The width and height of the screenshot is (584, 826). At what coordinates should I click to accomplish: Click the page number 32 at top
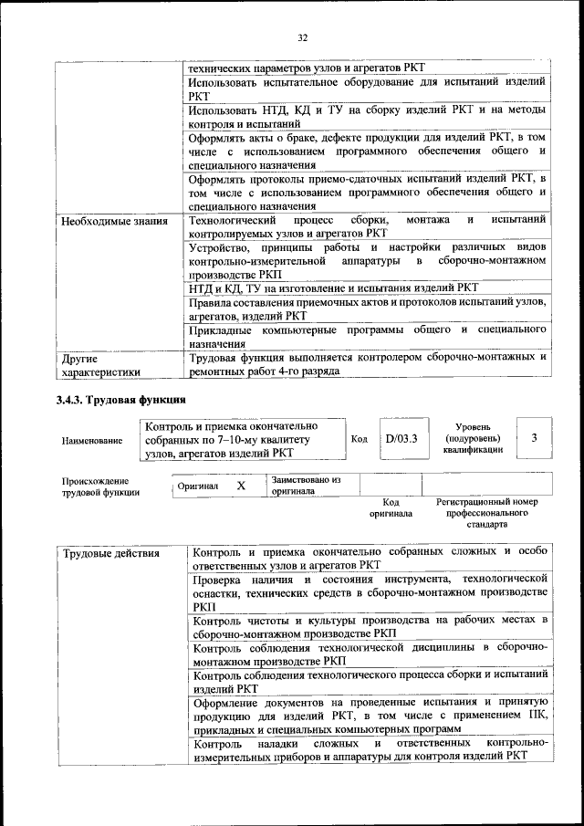click(x=302, y=37)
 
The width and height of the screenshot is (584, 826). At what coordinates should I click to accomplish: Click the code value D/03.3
click(x=401, y=438)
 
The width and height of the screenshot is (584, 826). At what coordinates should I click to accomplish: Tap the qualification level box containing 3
click(x=534, y=438)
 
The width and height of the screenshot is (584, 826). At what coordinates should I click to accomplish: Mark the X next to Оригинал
click(x=241, y=486)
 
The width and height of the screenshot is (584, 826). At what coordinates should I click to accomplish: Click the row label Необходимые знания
click(x=114, y=221)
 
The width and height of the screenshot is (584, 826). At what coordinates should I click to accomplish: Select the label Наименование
click(x=92, y=440)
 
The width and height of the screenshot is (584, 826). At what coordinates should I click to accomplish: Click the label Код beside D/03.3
click(x=360, y=439)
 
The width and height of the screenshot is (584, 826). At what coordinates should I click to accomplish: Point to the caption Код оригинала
click(x=391, y=508)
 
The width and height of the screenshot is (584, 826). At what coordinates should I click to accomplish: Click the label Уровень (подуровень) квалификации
click(x=474, y=437)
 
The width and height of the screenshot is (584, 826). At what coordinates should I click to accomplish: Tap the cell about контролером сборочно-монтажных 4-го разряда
click(x=367, y=365)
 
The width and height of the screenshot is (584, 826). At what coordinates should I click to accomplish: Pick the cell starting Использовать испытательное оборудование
click(x=367, y=89)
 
